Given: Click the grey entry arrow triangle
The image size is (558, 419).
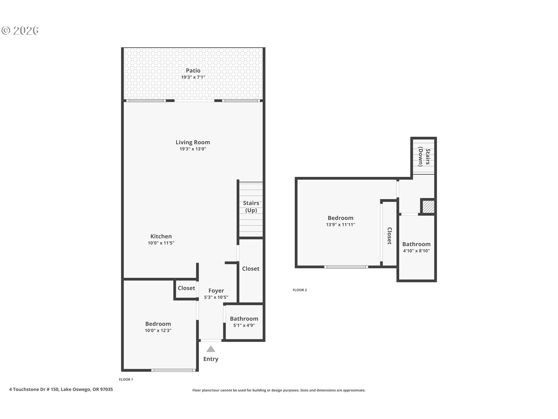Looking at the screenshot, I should [211, 349].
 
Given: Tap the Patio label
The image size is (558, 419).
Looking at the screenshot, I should [193, 70].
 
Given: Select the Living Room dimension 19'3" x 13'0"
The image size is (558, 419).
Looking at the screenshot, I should [193, 149].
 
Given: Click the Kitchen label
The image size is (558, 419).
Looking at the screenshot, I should [161, 236].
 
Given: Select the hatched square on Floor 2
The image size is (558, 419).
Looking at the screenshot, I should [428, 207].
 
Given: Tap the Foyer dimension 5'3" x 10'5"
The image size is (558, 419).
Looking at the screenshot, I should [216, 297].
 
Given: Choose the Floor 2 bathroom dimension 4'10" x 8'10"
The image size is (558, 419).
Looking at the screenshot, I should [416, 251].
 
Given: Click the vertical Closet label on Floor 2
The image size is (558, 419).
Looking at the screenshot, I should [389, 236].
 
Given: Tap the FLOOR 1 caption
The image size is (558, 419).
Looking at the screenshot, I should [126, 379].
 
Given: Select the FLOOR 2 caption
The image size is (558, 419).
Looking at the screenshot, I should [300, 290].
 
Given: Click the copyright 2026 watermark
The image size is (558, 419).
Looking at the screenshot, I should [20, 30].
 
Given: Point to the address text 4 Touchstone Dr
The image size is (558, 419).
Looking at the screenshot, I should [61, 389].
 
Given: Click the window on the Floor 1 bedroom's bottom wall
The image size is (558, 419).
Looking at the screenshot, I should [174, 370].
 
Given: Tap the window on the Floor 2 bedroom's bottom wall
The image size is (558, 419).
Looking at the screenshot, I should [346, 267].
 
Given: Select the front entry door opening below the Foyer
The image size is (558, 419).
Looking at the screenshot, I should [211, 340].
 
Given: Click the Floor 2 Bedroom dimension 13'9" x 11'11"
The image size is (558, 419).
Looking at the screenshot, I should [340, 225].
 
